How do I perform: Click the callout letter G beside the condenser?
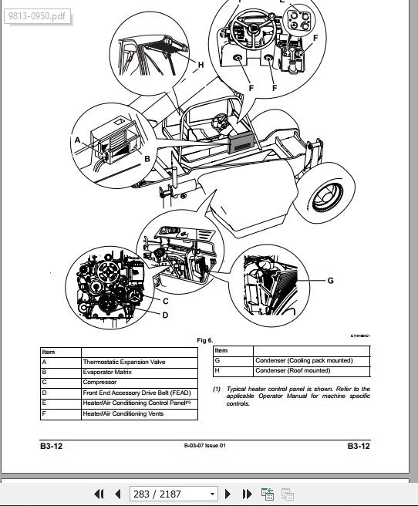(x=330, y=281)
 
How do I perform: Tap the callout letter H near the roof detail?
(x=201, y=65)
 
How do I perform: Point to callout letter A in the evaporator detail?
(x=77, y=140)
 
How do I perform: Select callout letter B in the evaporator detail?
(x=147, y=159)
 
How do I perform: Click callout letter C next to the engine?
(x=166, y=302)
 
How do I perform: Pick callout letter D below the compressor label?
(x=165, y=315)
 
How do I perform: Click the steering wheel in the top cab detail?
(x=254, y=29)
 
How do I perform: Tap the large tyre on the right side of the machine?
(x=325, y=193)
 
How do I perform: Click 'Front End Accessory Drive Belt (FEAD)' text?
(x=137, y=393)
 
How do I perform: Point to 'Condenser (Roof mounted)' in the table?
(x=292, y=370)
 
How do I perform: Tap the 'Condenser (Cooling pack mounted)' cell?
(x=304, y=360)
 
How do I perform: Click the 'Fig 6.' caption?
(x=205, y=340)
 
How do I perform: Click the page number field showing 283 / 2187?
(x=174, y=494)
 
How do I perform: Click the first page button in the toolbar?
(x=99, y=494)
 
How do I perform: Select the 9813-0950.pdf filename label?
(x=37, y=15)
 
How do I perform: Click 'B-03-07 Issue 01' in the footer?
(x=205, y=446)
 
